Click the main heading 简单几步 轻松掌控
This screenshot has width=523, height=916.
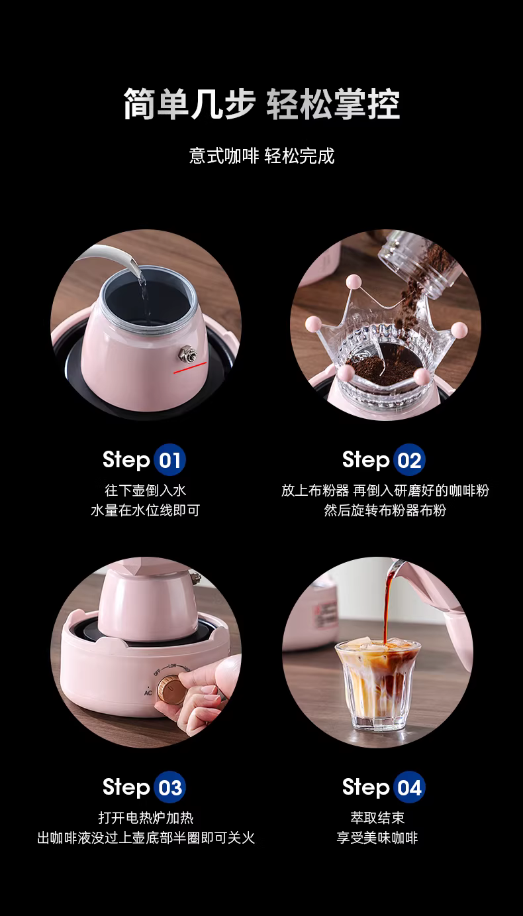[261, 104]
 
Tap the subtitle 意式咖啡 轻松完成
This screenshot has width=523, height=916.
[261, 156]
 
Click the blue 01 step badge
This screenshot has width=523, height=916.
[170, 459]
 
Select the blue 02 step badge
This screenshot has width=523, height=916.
[409, 459]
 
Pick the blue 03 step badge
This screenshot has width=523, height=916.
[170, 787]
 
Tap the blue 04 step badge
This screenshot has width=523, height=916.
[409, 787]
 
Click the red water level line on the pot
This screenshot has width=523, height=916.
[190, 367]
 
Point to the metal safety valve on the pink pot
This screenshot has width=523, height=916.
[188, 354]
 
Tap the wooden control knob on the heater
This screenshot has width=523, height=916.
[171, 689]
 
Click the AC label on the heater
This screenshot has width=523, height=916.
[148, 693]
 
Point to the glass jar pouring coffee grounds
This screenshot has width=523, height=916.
[421, 262]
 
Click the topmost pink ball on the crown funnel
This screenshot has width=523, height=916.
[354, 281]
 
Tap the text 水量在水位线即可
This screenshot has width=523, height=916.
[146, 510]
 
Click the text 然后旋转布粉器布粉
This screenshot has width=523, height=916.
[385, 510]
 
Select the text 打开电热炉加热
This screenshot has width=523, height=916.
[146, 818]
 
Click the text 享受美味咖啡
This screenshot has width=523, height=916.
[377, 838]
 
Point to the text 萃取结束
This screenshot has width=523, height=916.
[377, 818]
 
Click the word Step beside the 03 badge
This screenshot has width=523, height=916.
[126, 788]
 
